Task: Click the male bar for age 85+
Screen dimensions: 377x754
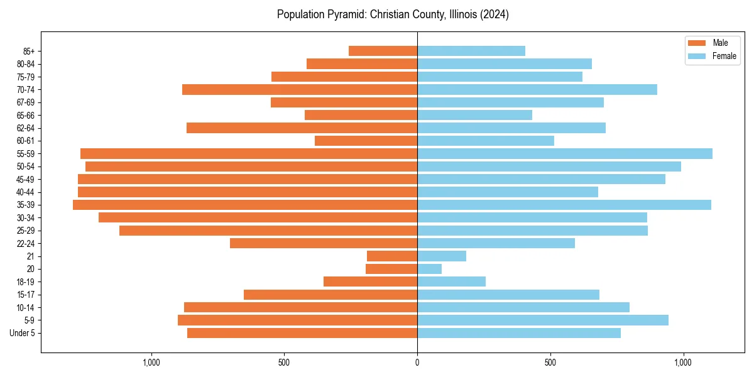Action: (x=383, y=51)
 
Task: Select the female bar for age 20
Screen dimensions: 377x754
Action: (x=429, y=269)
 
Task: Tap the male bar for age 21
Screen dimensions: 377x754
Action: (x=392, y=256)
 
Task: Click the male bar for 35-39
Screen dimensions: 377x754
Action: (x=245, y=205)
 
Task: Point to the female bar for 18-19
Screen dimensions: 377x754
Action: (x=451, y=281)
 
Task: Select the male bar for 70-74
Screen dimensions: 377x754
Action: (x=300, y=89)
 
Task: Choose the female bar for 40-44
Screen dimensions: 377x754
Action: (x=507, y=192)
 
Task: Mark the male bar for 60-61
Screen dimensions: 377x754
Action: (x=366, y=141)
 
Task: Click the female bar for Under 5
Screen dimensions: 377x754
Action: (x=518, y=333)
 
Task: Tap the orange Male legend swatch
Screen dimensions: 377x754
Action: (x=697, y=43)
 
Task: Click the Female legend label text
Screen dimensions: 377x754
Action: (x=724, y=56)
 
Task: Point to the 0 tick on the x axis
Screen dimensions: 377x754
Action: (x=417, y=363)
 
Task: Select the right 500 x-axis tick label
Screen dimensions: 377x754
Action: (x=550, y=363)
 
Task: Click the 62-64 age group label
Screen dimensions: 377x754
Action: (x=26, y=128)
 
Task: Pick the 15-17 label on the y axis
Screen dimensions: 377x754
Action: (x=26, y=295)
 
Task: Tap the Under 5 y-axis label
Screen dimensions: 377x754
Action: (x=22, y=333)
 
